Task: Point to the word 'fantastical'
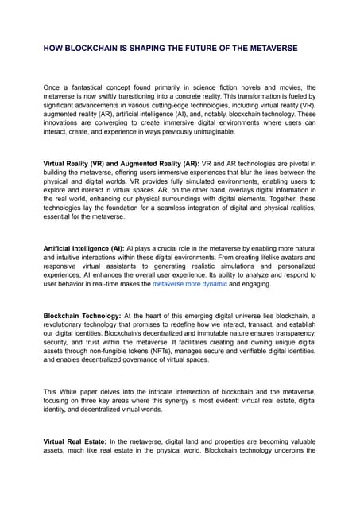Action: tap(99, 87)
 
